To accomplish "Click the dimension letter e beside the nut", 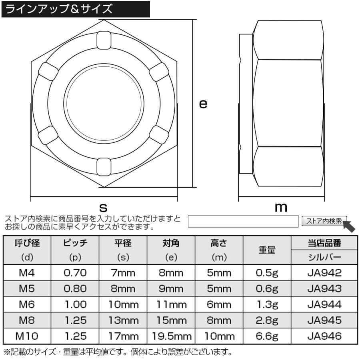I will [203, 104].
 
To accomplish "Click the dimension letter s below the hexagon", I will [103, 207].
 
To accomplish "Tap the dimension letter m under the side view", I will [281, 207].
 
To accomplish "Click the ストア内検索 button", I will [324, 221].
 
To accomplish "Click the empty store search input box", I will [243, 221].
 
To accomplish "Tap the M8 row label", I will [28, 320].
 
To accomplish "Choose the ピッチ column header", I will [76, 243].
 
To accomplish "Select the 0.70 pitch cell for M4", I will [76, 273].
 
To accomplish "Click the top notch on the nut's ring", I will [104, 40].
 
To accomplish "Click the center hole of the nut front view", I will [104, 103].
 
